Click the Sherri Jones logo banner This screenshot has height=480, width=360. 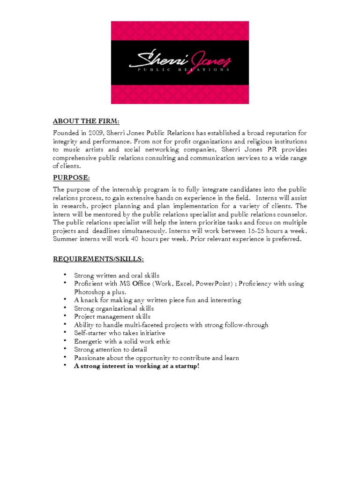click(180, 62)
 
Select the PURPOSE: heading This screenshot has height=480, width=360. click(71, 178)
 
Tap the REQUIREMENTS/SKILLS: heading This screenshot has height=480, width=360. click(98, 259)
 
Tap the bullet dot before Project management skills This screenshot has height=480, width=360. click(64, 316)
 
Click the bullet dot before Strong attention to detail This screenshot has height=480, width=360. click(64, 349)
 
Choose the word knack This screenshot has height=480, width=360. click(90, 300)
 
